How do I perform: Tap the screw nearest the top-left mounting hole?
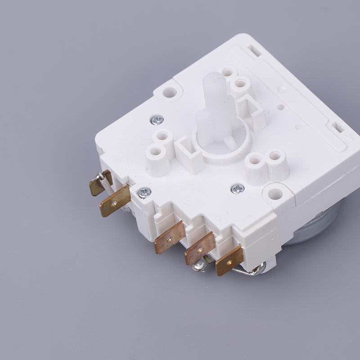pyautogui.click(x=157, y=120)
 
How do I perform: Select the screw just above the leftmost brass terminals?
pyautogui.click(x=144, y=193)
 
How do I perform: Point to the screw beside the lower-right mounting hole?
pyautogui.click(x=238, y=189)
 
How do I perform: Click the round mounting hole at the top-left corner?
pyautogui.click(x=170, y=93)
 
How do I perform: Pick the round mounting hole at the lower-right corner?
pyautogui.click(x=275, y=194)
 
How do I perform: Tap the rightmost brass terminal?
pyautogui.click(x=229, y=261)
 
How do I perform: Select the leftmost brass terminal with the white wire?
pyautogui.click(x=100, y=182)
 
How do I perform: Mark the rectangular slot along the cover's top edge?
pyautogui.click(x=254, y=50)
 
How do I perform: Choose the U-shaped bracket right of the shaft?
pyautogui.click(x=250, y=110)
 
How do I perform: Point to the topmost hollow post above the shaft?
pyautogui.click(x=228, y=72)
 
